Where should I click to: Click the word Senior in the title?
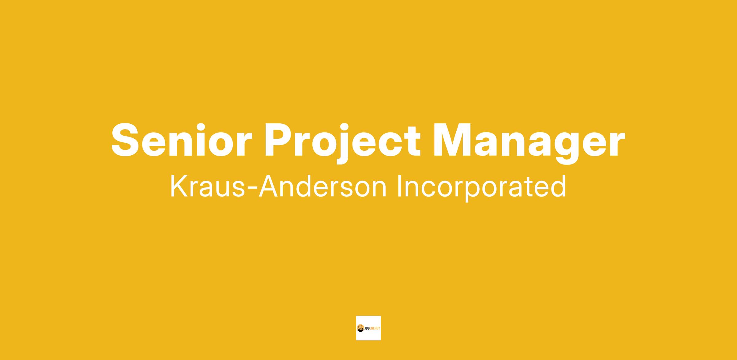coord(181,140)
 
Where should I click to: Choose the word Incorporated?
coord(482,188)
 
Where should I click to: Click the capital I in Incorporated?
coord(399,187)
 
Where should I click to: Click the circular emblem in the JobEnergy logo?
coord(360,328)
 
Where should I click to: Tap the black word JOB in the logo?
coord(367,328)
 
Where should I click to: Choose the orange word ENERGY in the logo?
coord(375,328)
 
